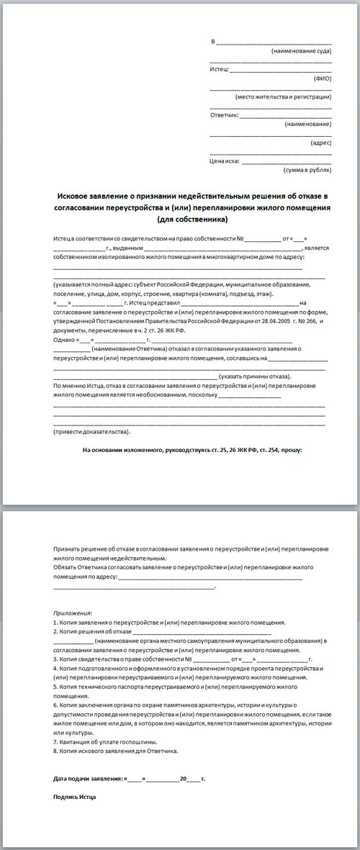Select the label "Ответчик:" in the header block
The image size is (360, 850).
pos(223,115)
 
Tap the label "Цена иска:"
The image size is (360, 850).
pos(224,161)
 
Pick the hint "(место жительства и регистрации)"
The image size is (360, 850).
pos(283,96)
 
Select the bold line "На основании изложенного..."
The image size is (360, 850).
pos(192,450)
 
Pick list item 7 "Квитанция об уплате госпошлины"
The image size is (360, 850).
pos(105,741)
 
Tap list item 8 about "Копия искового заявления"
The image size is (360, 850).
pos(115,751)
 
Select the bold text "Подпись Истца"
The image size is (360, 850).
pos(75,797)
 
